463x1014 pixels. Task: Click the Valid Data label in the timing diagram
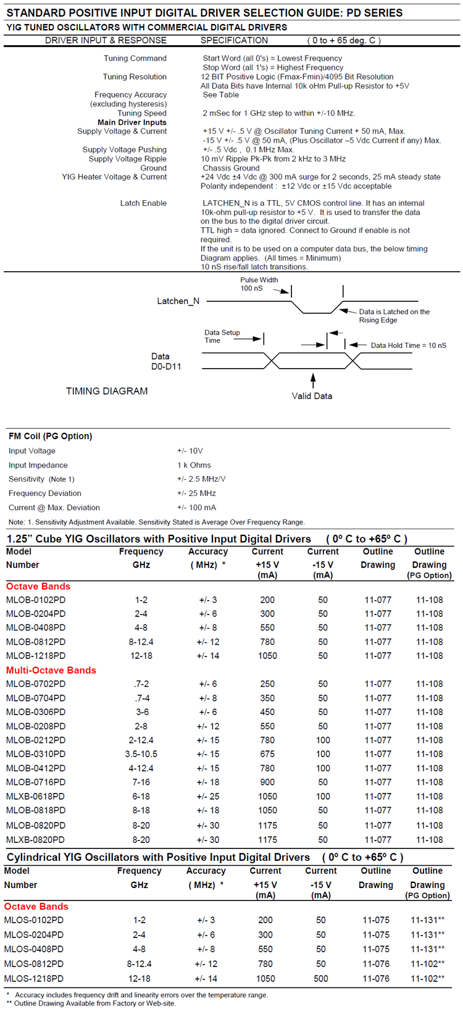click(x=312, y=396)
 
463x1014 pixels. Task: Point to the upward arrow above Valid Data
click(x=313, y=379)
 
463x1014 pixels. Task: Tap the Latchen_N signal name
click(x=178, y=301)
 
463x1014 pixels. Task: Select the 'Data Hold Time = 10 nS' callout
click(x=408, y=345)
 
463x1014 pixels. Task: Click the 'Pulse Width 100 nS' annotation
click(x=259, y=284)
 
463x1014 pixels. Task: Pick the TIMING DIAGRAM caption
click(x=107, y=391)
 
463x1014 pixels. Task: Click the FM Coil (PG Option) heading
click(x=50, y=436)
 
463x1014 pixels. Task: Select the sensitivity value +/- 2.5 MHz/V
click(x=201, y=479)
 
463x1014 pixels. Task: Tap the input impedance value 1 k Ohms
click(x=194, y=465)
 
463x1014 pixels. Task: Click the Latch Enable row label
click(x=143, y=203)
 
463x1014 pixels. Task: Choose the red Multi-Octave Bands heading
click(x=51, y=670)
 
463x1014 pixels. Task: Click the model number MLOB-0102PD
click(x=36, y=600)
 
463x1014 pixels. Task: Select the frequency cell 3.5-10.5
click(x=141, y=754)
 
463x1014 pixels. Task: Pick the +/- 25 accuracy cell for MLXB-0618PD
click(x=208, y=796)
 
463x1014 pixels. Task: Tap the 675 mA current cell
click(x=267, y=754)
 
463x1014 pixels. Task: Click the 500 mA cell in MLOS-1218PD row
click(x=321, y=978)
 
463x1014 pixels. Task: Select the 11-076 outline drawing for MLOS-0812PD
click(x=376, y=963)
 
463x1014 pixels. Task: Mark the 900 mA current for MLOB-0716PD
click(x=267, y=782)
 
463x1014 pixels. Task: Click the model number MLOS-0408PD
click(x=34, y=949)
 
